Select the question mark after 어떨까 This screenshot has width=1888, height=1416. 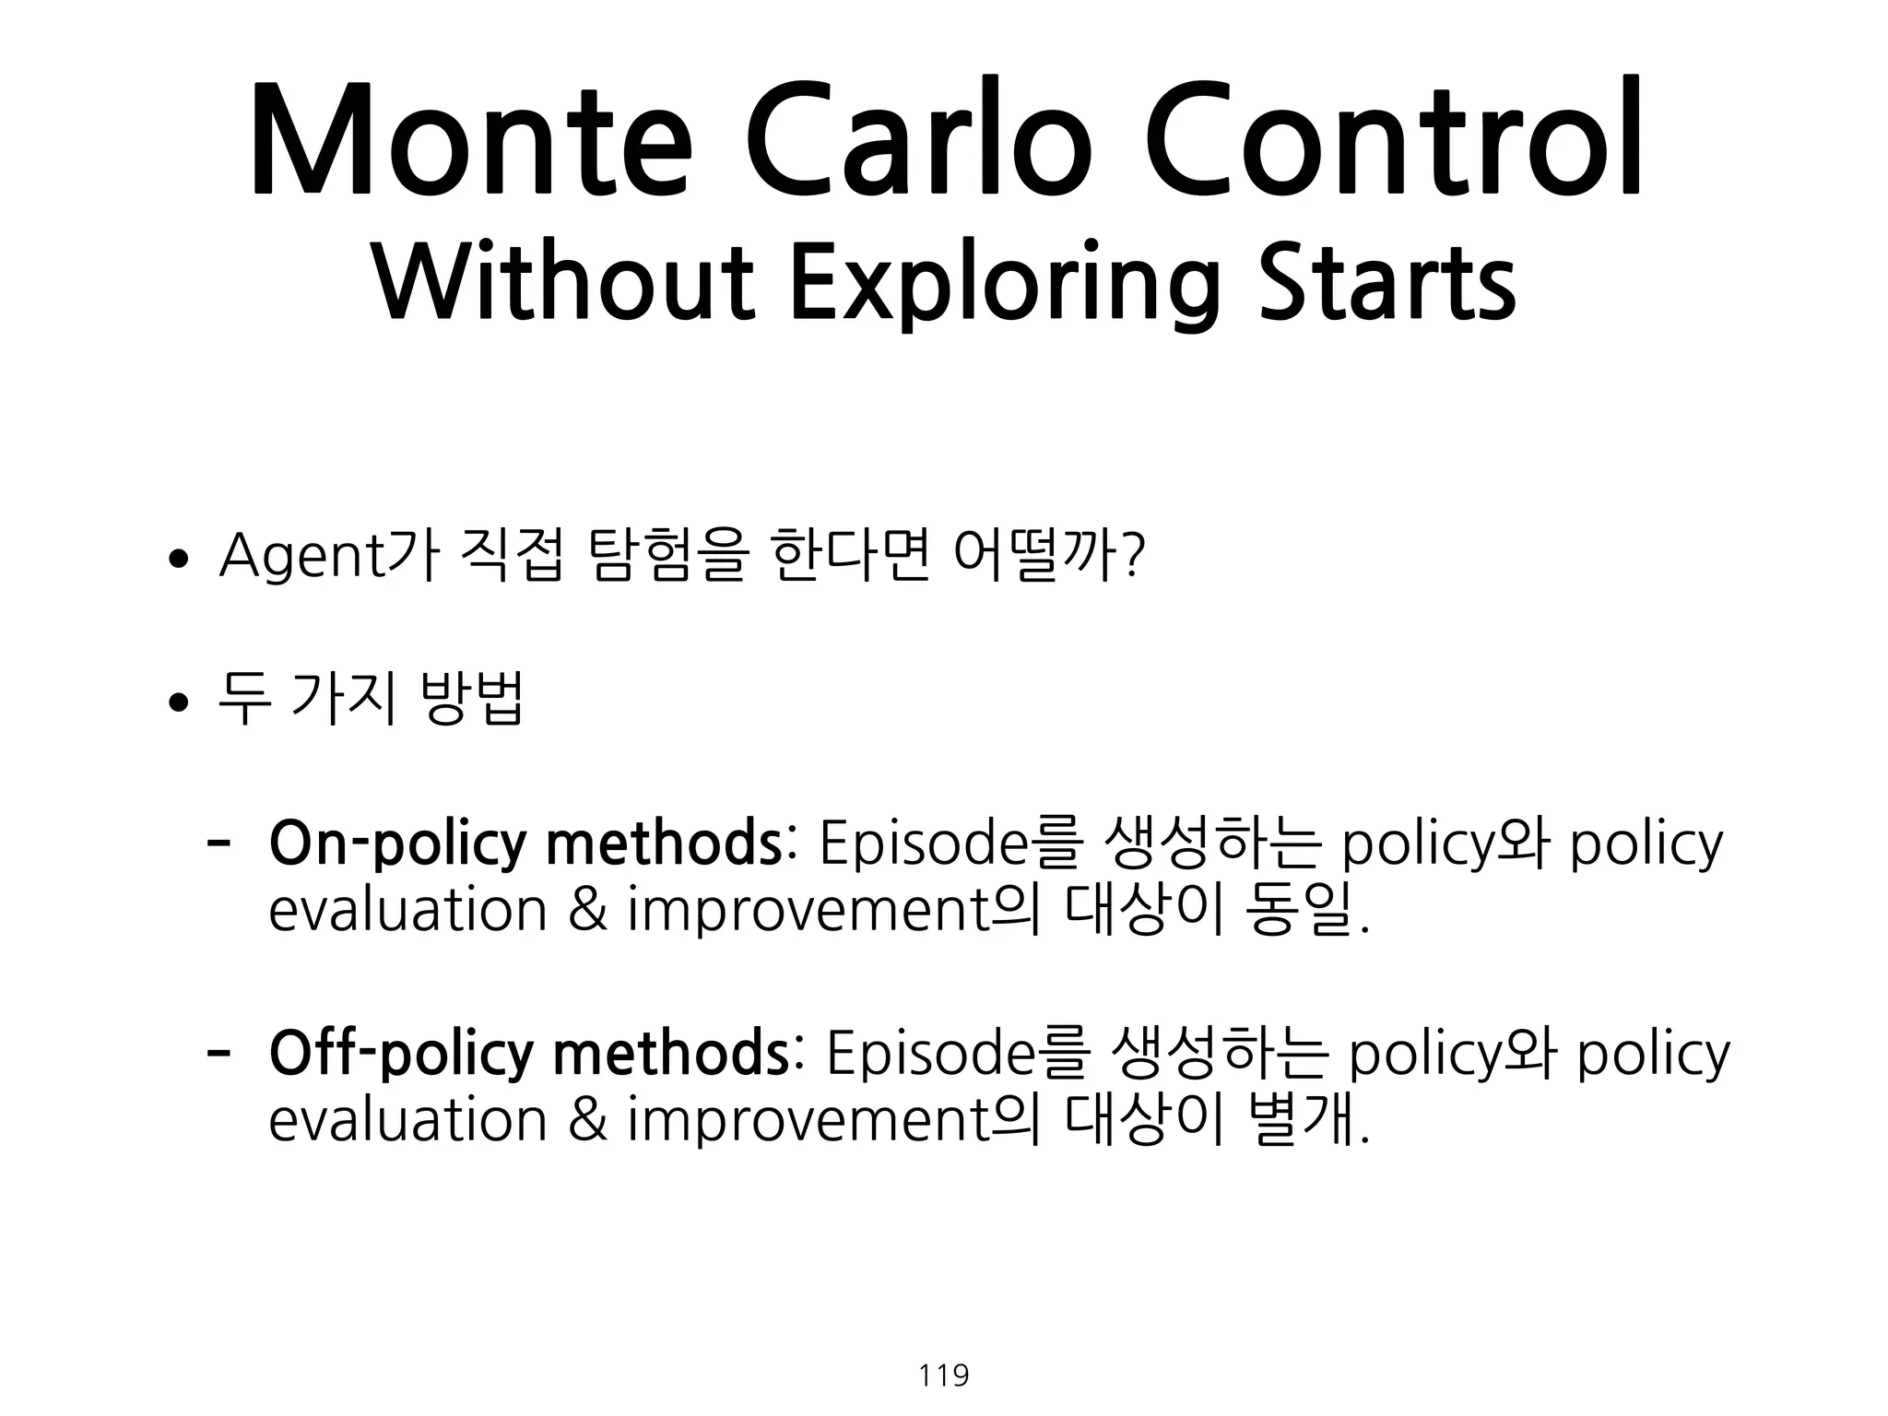1135,558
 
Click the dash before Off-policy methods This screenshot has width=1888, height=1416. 218,1050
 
